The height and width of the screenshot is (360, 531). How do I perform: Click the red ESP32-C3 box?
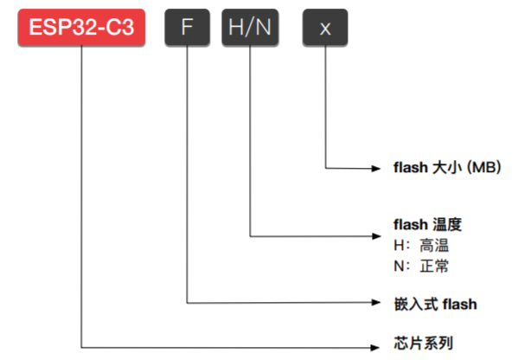coord(82,27)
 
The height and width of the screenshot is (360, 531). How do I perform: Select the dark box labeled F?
coord(187,27)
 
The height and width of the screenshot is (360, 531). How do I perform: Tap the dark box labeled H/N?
coord(250,27)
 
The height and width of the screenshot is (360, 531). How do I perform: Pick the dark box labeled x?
coord(324,27)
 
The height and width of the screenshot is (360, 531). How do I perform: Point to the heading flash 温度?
coord(427,225)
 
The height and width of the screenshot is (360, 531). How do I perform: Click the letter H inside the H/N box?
coord(236,27)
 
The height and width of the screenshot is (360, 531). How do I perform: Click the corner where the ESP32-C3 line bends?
coord(82,345)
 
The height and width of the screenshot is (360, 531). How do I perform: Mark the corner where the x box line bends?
coord(324,167)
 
